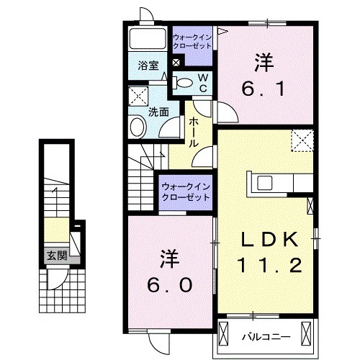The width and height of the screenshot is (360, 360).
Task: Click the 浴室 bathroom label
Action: (148, 66)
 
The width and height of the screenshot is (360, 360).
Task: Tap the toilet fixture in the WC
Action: (183, 83)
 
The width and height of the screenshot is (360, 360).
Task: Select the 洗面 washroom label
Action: (158, 112)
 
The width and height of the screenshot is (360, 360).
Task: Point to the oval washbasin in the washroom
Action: (138, 126)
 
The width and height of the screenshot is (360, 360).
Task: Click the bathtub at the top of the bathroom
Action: (148, 39)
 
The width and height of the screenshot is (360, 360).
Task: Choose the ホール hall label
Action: (194, 132)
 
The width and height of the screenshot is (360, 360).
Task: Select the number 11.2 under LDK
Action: (270, 265)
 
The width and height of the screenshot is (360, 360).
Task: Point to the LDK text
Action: (270, 239)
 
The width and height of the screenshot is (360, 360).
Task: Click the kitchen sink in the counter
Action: (265, 184)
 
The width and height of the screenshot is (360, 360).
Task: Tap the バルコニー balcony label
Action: (266, 337)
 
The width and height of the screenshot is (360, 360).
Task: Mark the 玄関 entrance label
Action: (57, 256)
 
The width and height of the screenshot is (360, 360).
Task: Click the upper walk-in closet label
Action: (192, 42)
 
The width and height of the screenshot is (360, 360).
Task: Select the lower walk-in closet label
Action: (186, 192)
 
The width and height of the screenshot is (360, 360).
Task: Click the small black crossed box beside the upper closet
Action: (176, 63)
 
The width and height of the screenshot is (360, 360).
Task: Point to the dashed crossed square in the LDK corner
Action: (302, 140)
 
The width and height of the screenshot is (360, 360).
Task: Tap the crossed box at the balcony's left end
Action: (223, 333)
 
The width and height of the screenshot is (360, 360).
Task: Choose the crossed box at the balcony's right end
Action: (306, 333)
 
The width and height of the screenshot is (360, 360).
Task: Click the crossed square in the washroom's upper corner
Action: (138, 96)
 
